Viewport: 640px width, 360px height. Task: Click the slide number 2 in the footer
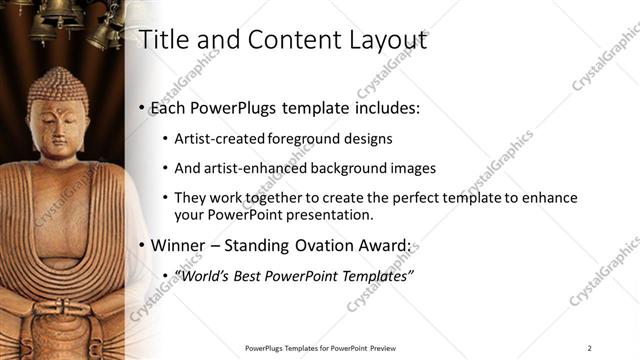(x=590, y=348)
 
